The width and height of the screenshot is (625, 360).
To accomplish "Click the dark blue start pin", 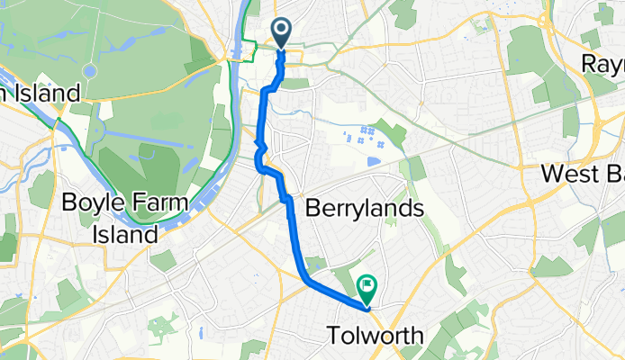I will [282, 33].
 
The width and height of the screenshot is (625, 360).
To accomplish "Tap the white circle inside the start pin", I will [282, 30].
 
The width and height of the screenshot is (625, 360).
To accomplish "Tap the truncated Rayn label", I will [602, 65].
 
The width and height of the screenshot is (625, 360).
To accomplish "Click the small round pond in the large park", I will [89, 71].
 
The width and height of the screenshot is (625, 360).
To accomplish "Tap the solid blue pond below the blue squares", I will [374, 162].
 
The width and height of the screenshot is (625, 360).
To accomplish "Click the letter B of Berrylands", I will [313, 209].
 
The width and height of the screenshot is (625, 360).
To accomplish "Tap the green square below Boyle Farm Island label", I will [164, 261].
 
